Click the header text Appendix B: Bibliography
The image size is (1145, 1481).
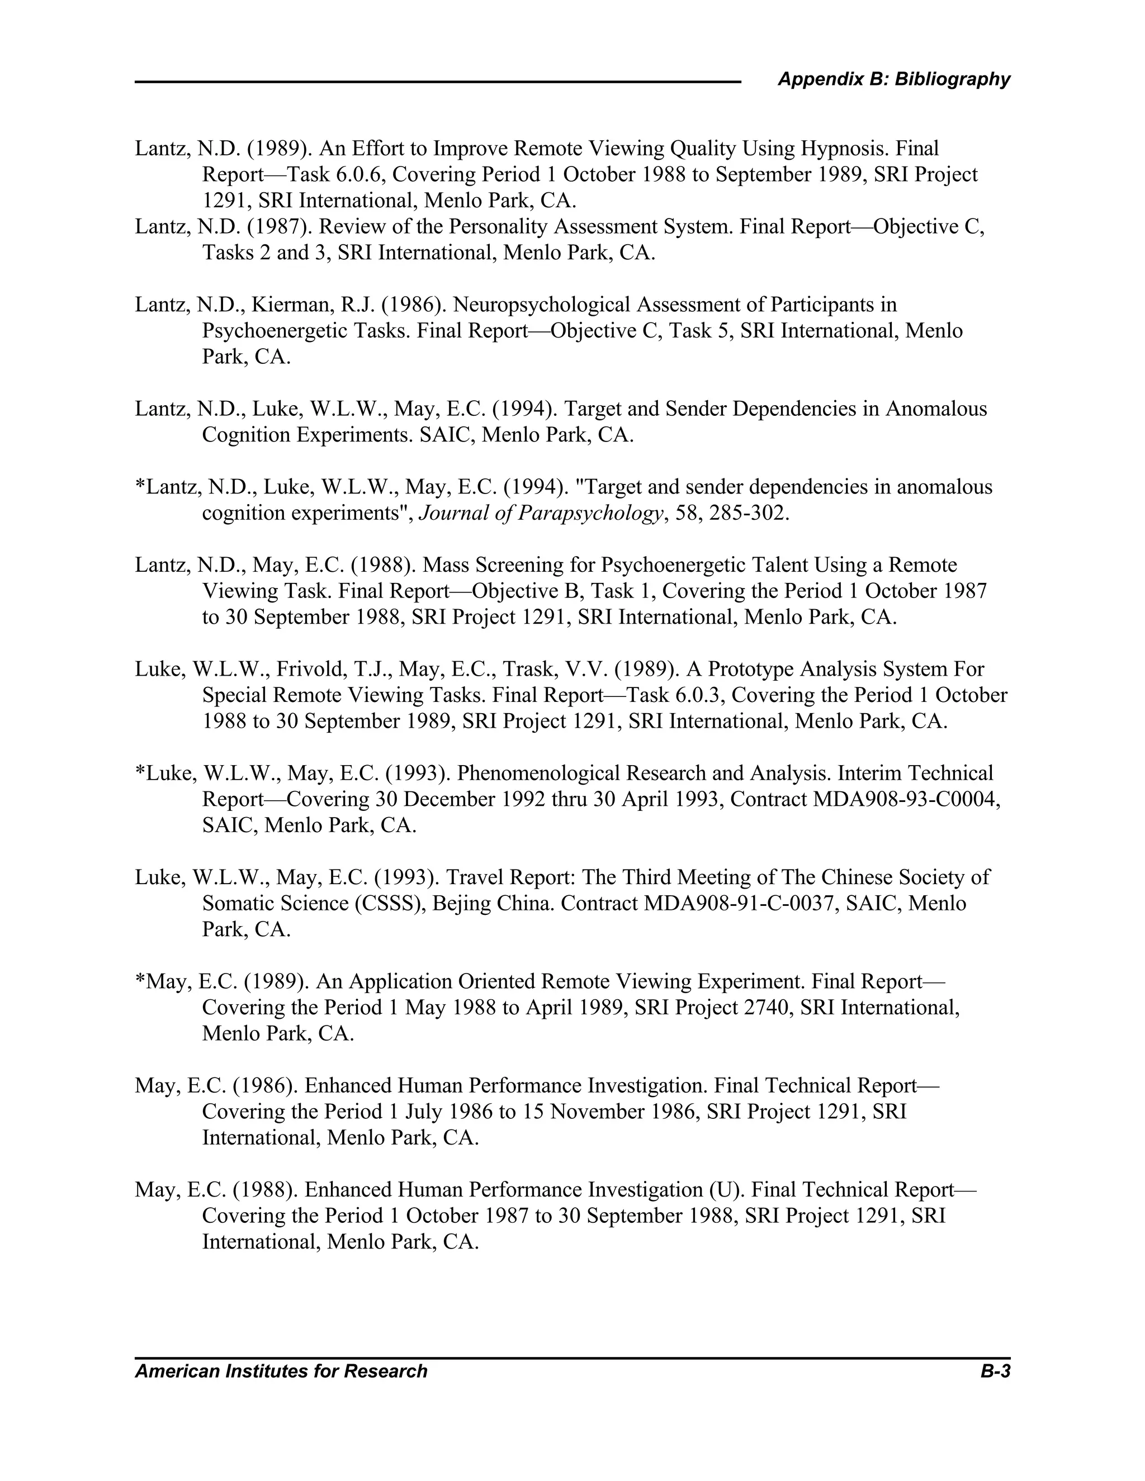[x=893, y=79]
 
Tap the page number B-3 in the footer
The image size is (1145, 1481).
[x=995, y=1371]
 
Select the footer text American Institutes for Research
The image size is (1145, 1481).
[x=281, y=1371]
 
